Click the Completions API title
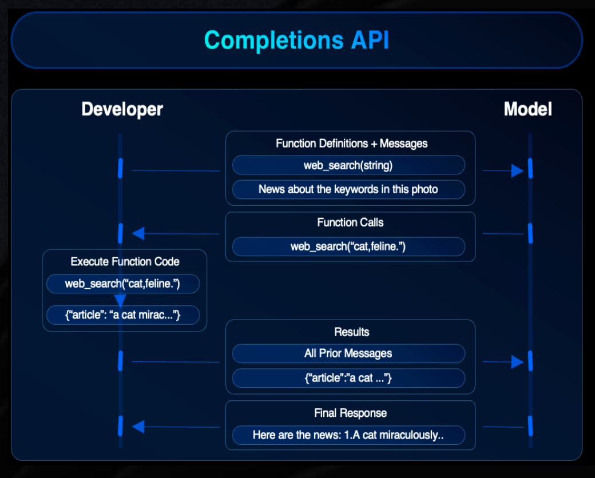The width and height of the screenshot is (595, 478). [x=296, y=41]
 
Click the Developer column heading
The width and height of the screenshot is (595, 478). [x=122, y=109]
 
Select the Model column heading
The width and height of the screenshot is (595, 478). [x=527, y=109]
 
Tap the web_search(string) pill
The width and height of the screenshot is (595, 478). [x=348, y=165]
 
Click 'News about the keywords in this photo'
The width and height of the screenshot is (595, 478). [x=348, y=189]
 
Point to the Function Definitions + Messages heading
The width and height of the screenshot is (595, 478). [x=351, y=144]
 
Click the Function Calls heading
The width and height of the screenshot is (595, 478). [x=350, y=222]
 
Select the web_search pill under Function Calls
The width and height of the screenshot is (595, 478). [x=348, y=246]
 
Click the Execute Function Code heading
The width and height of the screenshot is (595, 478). [x=125, y=262]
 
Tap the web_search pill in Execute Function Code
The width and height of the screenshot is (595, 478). [x=122, y=284]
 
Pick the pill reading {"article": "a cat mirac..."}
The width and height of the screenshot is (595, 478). [x=122, y=314]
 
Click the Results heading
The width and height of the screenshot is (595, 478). [x=351, y=332]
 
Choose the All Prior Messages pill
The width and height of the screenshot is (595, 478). [x=348, y=353]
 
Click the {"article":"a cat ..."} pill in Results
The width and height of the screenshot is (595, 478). [x=348, y=378]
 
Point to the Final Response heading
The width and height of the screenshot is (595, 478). [x=350, y=413]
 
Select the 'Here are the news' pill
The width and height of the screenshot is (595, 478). [x=348, y=435]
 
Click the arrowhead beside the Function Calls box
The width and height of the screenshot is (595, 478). [x=138, y=233]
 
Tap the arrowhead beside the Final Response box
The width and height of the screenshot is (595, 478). [x=138, y=427]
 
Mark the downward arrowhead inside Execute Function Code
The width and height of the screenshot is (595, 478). [x=120, y=301]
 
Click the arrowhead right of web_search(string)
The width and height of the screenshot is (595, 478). [x=517, y=170]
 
